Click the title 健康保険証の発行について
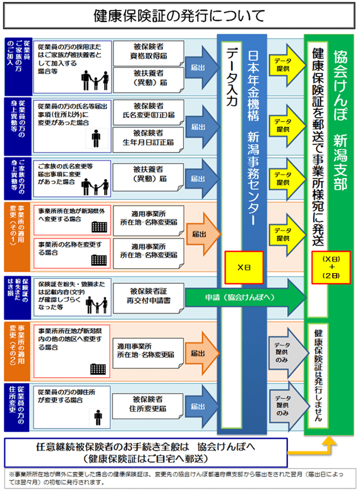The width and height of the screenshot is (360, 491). click(x=179, y=16)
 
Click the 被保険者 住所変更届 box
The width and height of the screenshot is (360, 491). click(x=148, y=404)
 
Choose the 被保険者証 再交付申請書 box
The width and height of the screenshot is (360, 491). click(x=148, y=296)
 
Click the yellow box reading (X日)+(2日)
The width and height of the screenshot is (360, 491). click(x=331, y=267)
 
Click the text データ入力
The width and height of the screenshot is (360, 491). click(x=232, y=78)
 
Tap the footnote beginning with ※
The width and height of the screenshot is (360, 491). click(x=179, y=478)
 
